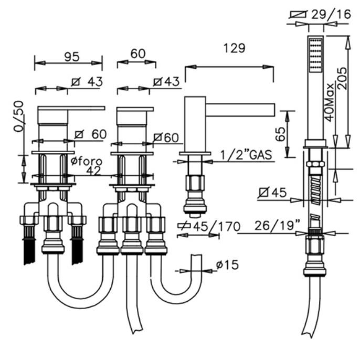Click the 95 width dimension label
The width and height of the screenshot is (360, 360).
click(x=72, y=57)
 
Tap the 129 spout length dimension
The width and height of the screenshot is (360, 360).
click(x=234, y=48)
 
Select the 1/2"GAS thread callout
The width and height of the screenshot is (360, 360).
click(x=246, y=155)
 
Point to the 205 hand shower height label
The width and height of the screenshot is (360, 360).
click(x=342, y=78)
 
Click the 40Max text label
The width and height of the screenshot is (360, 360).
click(x=330, y=102)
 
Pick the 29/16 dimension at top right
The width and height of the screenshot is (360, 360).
click(x=331, y=14)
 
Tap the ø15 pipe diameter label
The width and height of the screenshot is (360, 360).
click(x=227, y=264)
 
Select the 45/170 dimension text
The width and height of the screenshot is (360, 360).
click(x=217, y=227)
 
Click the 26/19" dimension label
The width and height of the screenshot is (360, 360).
click(x=278, y=225)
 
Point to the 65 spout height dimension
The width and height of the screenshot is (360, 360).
click(x=281, y=134)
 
